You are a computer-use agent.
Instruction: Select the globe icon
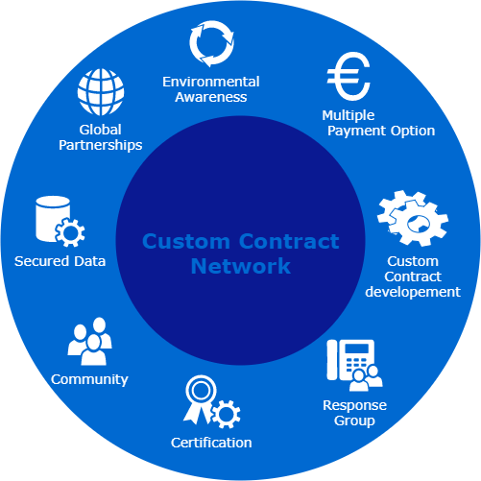[x=103, y=93]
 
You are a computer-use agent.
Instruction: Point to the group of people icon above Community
[x=90, y=341]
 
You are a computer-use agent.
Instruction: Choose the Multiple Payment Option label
[x=378, y=122]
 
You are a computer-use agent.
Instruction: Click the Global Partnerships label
[x=98, y=137]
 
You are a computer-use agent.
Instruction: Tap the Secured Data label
[x=60, y=261]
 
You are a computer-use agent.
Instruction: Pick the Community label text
[x=89, y=379]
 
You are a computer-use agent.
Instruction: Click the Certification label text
[x=211, y=443]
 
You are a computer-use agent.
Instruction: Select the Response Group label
[x=354, y=413]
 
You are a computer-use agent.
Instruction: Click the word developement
[x=414, y=292]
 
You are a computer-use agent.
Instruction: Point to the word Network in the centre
[x=240, y=266]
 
